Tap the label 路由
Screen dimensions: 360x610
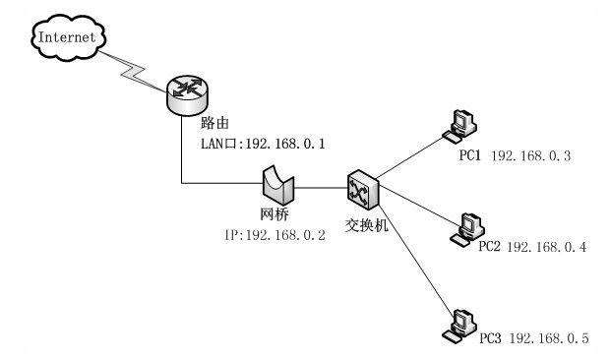pos(213,124)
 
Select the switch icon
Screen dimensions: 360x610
pos(360,186)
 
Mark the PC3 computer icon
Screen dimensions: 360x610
pos(459,324)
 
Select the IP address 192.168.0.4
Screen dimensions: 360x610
pos(546,246)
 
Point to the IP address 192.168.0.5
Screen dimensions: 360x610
pos(547,339)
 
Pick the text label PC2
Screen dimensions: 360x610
pos(489,246)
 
